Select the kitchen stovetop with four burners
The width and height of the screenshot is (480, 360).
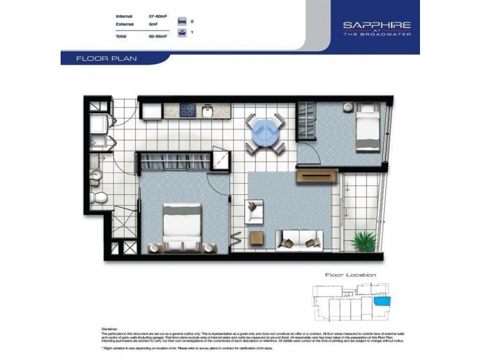click(x=188, y=110)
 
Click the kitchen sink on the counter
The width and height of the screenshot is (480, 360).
click(x=207, y=111)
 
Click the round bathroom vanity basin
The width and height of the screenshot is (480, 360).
click(x=97, y=175)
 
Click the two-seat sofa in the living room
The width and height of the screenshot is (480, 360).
click(x=298, y=239)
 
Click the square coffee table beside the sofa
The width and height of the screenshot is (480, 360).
click(x=256, y=238)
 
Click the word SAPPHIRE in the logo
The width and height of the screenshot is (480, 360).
click(x=376, y=25)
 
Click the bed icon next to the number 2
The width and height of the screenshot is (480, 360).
click(x=182, y=21)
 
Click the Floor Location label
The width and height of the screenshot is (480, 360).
click(x=350, y=275)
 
